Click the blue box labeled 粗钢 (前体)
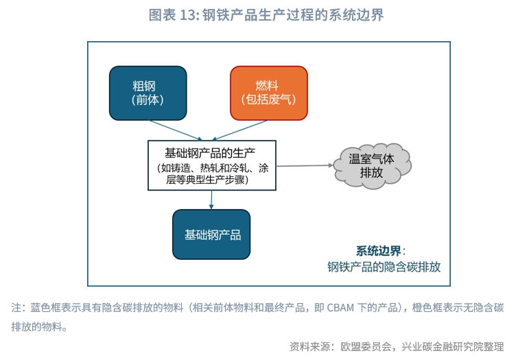pos(148,93)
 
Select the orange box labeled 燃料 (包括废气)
pos(269,93)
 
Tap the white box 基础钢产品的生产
pos(212,165)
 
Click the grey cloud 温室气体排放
pos(372,165)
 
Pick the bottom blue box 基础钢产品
pos(211,235)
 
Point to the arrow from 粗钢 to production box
pos(176,130)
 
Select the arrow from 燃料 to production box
pos(240,130)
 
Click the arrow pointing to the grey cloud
pos(305,165)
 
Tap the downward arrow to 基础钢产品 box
pos(211,200)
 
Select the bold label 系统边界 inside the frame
pos(379,251)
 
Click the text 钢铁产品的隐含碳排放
pos(384,267)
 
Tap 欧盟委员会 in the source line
pos(366,346)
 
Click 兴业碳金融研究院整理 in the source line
pos(453,346)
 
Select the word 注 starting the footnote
pos(16,308)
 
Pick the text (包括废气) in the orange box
pos(268,99)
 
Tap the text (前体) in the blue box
pos(148,99)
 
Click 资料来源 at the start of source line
pos(309,346)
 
